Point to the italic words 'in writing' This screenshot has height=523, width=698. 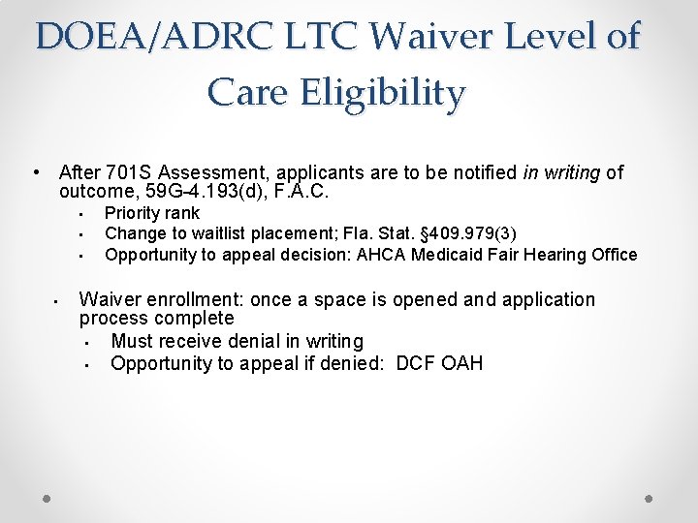tap(561, 173)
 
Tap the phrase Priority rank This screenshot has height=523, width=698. tap(152, 213)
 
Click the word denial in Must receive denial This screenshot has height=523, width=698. tap(253, 341)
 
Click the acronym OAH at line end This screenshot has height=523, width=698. tap(462, 363)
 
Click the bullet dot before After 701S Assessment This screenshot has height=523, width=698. tap(35, 173)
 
